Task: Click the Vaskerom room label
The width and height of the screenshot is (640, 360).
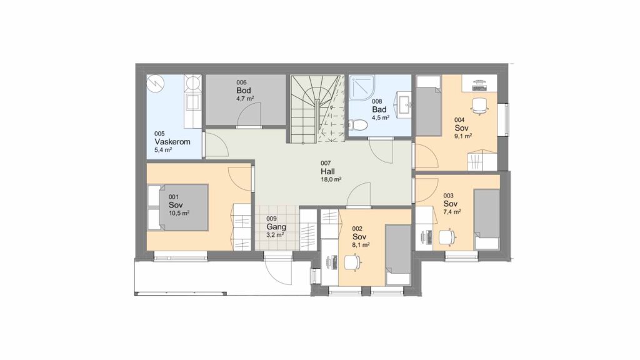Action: [172, 142]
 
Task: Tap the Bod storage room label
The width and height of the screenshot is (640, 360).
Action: [243, 90]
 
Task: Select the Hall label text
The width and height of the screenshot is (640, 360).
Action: [327, 171]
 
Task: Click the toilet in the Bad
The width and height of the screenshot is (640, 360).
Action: [356, 124]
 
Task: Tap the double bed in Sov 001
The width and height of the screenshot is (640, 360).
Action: [178, 207]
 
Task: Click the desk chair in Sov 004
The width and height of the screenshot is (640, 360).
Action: [479, 104]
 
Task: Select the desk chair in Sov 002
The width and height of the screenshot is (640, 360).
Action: [352, 262]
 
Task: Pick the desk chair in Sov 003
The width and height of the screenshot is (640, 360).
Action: [447, 237]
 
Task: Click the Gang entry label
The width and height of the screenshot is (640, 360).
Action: [276, 226]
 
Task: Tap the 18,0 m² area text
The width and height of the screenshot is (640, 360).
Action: [331, 179]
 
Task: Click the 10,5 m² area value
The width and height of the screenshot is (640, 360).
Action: [179, 212]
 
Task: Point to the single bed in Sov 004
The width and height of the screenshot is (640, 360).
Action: [429, 106]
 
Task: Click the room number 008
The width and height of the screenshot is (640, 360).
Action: [377, 101]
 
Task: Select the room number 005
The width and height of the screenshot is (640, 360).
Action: [159, 134]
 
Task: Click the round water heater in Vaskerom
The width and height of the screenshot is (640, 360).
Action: [155, 84]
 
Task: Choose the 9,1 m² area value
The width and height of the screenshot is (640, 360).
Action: [464, 136]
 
